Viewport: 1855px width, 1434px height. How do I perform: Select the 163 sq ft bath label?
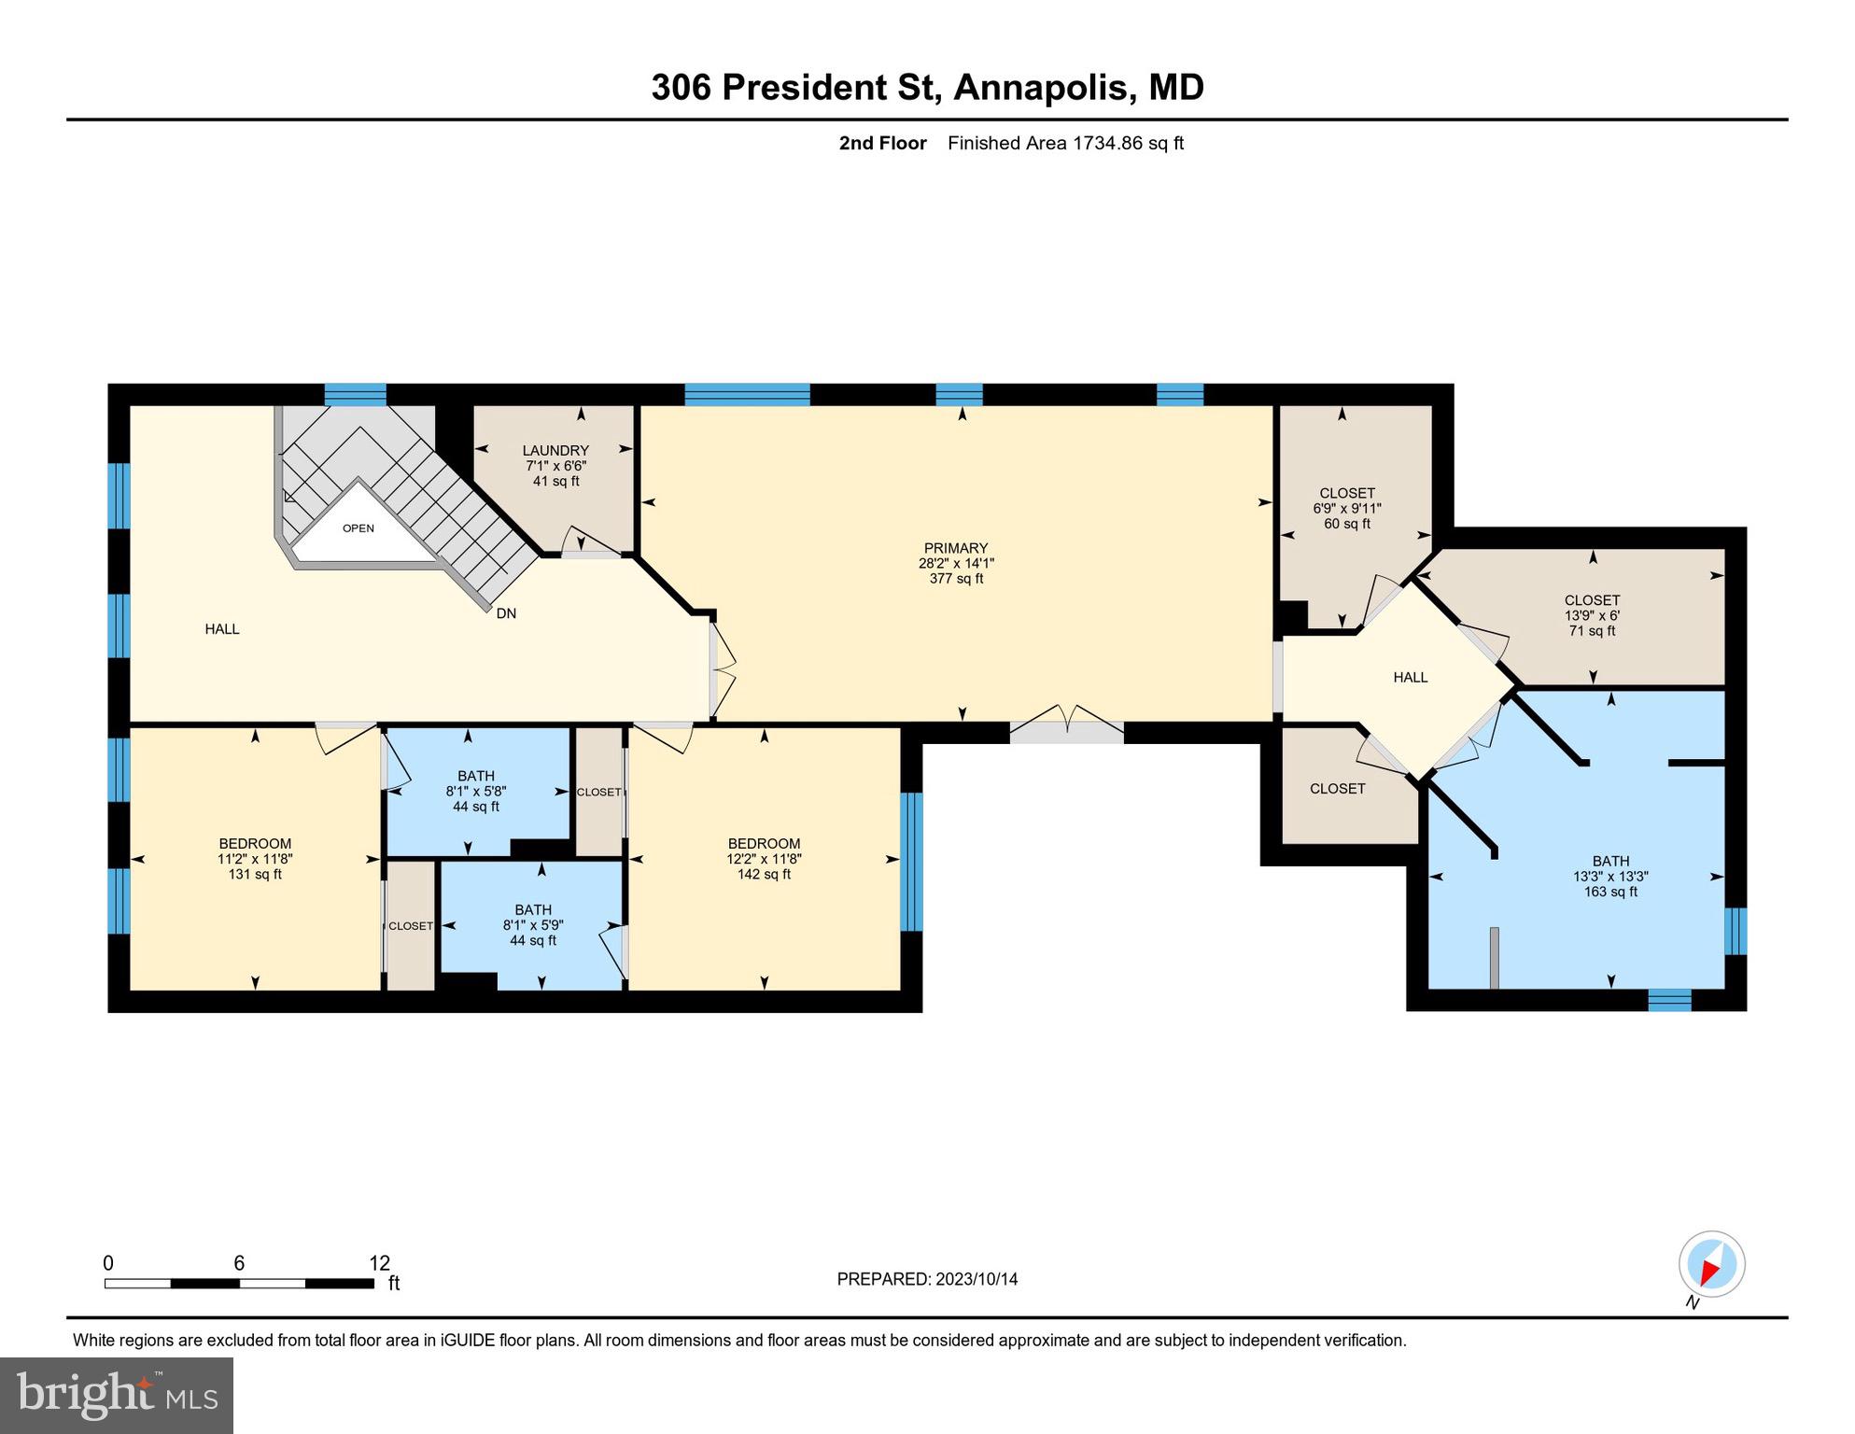pos(1610,876)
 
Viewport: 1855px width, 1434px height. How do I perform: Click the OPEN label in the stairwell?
pos(358,528)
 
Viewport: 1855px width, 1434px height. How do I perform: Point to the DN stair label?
pos(506,613)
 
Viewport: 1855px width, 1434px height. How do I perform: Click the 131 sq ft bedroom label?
pos(255,858)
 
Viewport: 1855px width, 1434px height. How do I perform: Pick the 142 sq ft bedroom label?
pos(764,858)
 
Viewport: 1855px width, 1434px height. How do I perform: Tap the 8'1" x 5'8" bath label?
pos(476,791)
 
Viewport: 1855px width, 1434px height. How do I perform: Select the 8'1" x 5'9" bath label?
pos(533,924)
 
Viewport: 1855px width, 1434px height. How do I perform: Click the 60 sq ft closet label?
pos(1346,508)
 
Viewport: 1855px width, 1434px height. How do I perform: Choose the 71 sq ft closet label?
pos(1592,615)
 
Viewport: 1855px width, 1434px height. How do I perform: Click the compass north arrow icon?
pos(1711,1265)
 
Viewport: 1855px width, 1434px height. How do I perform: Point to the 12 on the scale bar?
pos(379,1263)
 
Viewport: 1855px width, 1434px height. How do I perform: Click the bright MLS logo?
pos(117,1395)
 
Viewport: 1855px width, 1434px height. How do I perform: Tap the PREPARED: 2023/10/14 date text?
pos(927,1279)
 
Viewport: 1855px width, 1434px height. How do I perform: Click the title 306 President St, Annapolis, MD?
pos(927,87)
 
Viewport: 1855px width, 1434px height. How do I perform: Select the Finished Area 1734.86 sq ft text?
pos(1065,143)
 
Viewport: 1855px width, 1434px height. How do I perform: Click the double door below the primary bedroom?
pos(1067,725)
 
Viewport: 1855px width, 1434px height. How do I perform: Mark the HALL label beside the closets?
pos(1410,677)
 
